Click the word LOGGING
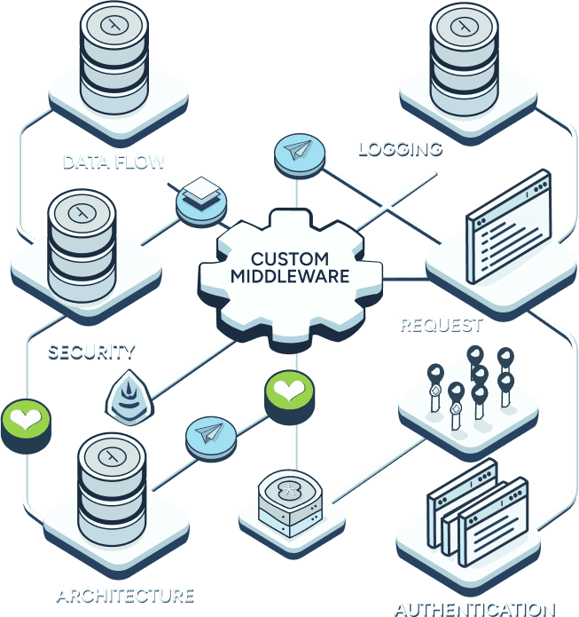[x=399, y=147]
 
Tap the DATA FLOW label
[x=114, y=162]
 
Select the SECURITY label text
[x=91, y=349]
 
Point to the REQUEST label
[x=441, y=324]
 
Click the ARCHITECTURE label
[x=125, y=593]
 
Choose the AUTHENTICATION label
[x=474, y=608]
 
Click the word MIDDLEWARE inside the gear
[x=290, y=275]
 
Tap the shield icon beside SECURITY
[x=126, y=396]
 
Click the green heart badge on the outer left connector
[x=24, y=419]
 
